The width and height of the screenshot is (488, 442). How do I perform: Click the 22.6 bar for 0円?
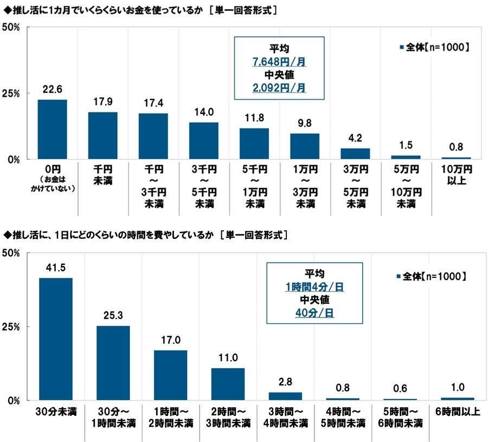[x=52, y=129]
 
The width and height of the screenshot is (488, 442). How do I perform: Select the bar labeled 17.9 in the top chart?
[x=102, y=135]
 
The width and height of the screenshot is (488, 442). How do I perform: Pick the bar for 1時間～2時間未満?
[x=170, y=375]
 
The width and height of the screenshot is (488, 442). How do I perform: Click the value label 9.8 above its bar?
[x=304, y=123]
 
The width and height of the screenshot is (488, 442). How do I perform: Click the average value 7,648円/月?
[x=279, y=62]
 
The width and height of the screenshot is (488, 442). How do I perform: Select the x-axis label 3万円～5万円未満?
[x=355, y=186]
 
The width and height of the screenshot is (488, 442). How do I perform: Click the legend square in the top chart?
[x=402, y=48]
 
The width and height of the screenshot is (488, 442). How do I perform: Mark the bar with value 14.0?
[x=203, y=141]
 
